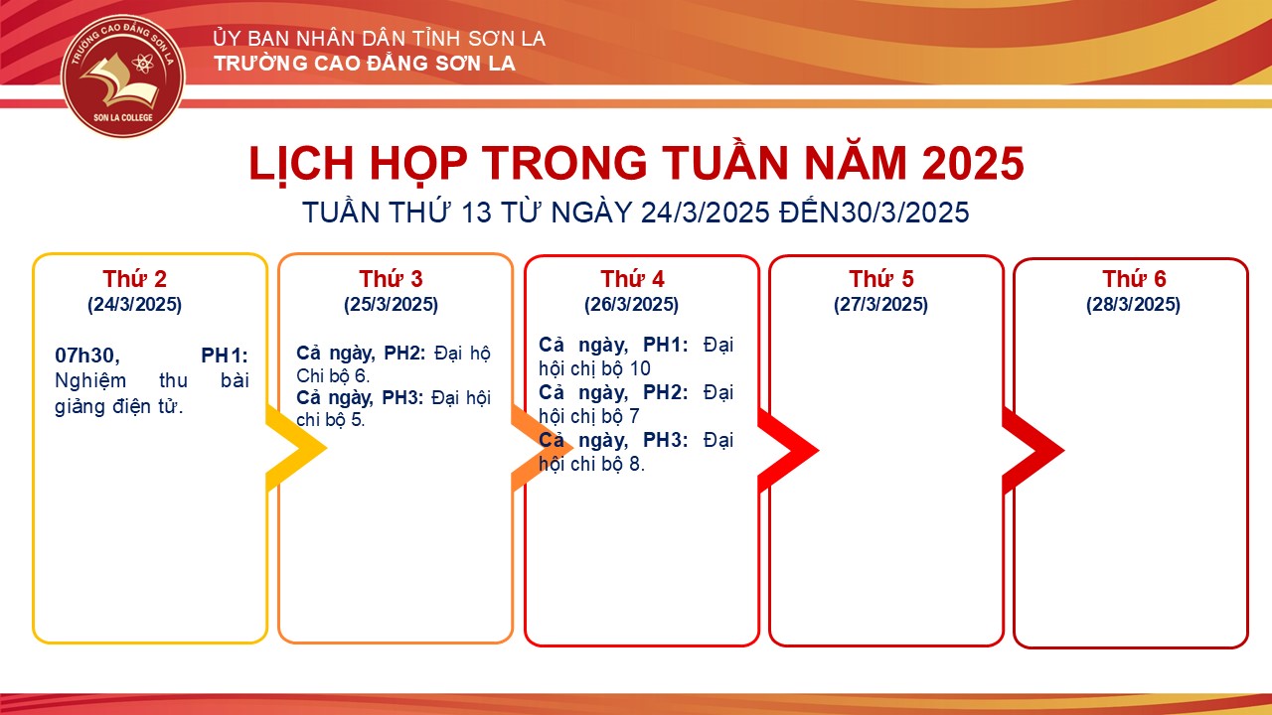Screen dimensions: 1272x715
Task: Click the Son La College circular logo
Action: coord(122,75)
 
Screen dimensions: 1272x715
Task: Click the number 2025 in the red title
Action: coord(973,164)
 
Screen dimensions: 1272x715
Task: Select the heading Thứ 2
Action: coord(134,279)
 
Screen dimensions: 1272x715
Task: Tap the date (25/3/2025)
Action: coord(391,305)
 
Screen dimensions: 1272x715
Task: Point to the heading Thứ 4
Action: coord(632,279)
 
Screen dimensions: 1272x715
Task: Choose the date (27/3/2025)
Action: coord(880,305)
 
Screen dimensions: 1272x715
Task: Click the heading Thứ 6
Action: coord(1134,279)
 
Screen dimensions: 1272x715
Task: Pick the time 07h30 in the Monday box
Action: coord(86,356)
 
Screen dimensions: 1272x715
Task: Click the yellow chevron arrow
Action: coord(296,448)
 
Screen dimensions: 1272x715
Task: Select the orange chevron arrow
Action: coord(542,448)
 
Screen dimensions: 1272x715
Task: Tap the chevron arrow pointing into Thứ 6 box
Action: coord(1033,450)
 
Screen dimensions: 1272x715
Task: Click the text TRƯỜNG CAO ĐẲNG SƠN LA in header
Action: coord(365,64)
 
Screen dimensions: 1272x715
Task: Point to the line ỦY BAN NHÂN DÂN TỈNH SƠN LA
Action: coord(380,39)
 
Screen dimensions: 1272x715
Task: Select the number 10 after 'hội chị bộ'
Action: coord(639,368)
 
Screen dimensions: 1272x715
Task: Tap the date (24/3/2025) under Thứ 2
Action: coord(134,305)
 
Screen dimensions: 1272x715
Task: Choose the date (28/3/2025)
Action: coord(1134,305)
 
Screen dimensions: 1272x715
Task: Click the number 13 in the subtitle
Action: coord(475,213)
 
